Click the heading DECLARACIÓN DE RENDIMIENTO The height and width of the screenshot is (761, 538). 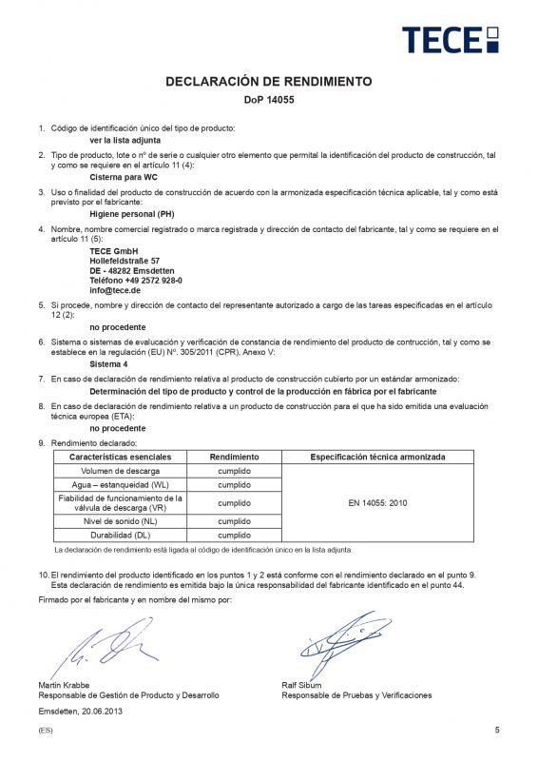click(269, 82)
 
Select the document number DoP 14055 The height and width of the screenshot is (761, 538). click(269, 99)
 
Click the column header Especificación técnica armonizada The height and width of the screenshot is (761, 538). click(377, 458)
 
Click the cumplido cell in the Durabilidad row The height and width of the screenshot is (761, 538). click(234, 536)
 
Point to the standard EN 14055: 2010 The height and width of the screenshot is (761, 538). click(377, 502)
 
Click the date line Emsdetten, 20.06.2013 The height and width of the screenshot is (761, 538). click(81, 711)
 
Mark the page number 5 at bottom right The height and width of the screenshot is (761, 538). click(497, 730)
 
